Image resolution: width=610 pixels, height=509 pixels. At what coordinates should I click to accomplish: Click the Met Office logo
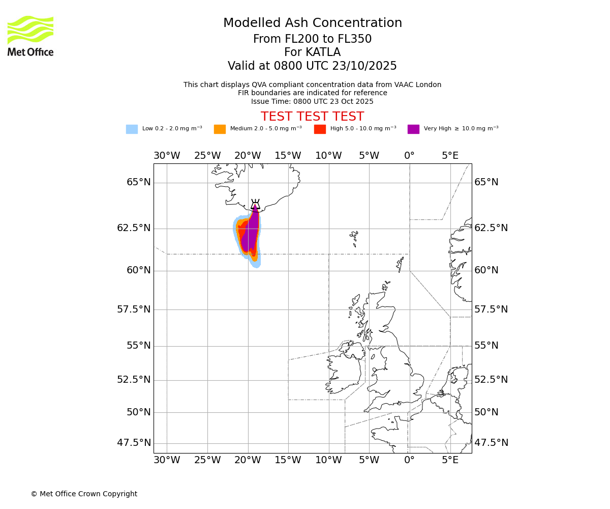click(30, 36)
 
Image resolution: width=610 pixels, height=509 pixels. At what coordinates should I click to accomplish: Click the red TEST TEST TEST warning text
click(312, 117)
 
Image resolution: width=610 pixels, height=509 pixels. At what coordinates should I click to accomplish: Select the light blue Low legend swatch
click(132, 129)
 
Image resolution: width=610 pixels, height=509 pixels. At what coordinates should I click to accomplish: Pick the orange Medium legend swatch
click(220, 129)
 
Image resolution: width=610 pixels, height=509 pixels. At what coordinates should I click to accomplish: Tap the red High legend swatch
click(320, 129)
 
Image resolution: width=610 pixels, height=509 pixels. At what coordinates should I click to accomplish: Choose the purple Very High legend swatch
click(413, 129)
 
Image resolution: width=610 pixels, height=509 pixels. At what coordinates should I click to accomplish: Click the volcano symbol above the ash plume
click(255, 204)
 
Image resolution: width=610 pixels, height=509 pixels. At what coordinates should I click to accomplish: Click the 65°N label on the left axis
click(138, 182)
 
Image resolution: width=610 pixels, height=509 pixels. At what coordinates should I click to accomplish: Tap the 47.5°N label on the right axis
click(491, 443)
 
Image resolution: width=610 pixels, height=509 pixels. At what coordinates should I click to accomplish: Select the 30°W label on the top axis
click(167, 156)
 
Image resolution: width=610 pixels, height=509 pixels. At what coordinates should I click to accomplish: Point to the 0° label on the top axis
click(409, 156)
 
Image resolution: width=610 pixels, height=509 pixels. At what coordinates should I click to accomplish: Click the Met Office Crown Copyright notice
click(84, 494)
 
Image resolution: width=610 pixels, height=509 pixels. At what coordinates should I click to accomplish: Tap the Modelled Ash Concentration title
click(312, 23)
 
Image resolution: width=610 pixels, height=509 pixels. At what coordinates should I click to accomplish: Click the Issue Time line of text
click(312, 101)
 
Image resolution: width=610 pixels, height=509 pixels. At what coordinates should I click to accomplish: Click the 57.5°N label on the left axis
click(134, 309)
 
